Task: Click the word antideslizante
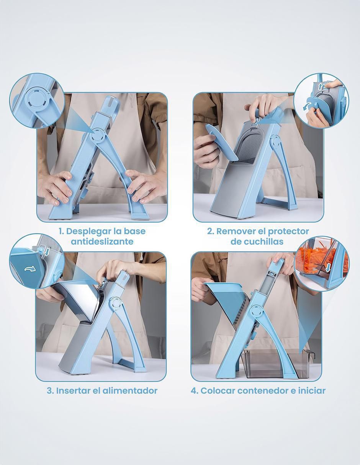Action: pyautogui.click(x=102, y=241)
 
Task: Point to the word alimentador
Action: pyautogui.click(x=130, y=391)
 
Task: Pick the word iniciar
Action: pyautogui.click(x=312, y=391)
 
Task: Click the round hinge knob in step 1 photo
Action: pyautogui.click(x=99, y=136)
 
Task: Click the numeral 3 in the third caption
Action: pyautogui.click(x=50, y=391)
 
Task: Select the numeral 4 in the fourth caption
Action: pyautogui.click(x=194, y=391)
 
